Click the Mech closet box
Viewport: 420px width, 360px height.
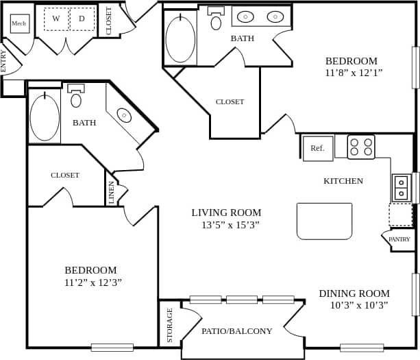[x=20, y=23]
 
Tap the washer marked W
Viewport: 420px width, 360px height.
[x=56, y=19]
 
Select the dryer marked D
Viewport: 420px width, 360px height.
[x=82, y=19]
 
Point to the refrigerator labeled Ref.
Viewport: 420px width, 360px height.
[x=318, y=148]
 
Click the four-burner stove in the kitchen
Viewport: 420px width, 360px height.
[x=361, y=147]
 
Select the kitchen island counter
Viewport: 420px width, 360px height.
[x=324, y=221]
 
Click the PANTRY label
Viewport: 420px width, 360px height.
[x=399, y=239]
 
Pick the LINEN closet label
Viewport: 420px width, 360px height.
[x=112, y=193]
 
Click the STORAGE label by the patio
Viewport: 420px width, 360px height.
[x=170, y=325]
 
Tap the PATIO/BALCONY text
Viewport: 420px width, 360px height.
[x=236, y=331]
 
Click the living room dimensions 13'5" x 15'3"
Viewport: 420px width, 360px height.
[x=226, y=225]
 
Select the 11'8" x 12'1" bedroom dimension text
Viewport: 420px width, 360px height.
[x=354, y=73]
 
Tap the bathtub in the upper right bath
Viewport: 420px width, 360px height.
[x=180, y=39]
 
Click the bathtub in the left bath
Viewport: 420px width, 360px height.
[x=45, y=117]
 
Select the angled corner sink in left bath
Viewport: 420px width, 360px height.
[x=125, y=115]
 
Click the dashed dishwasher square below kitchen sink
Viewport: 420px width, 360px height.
[x=400, y=215]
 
